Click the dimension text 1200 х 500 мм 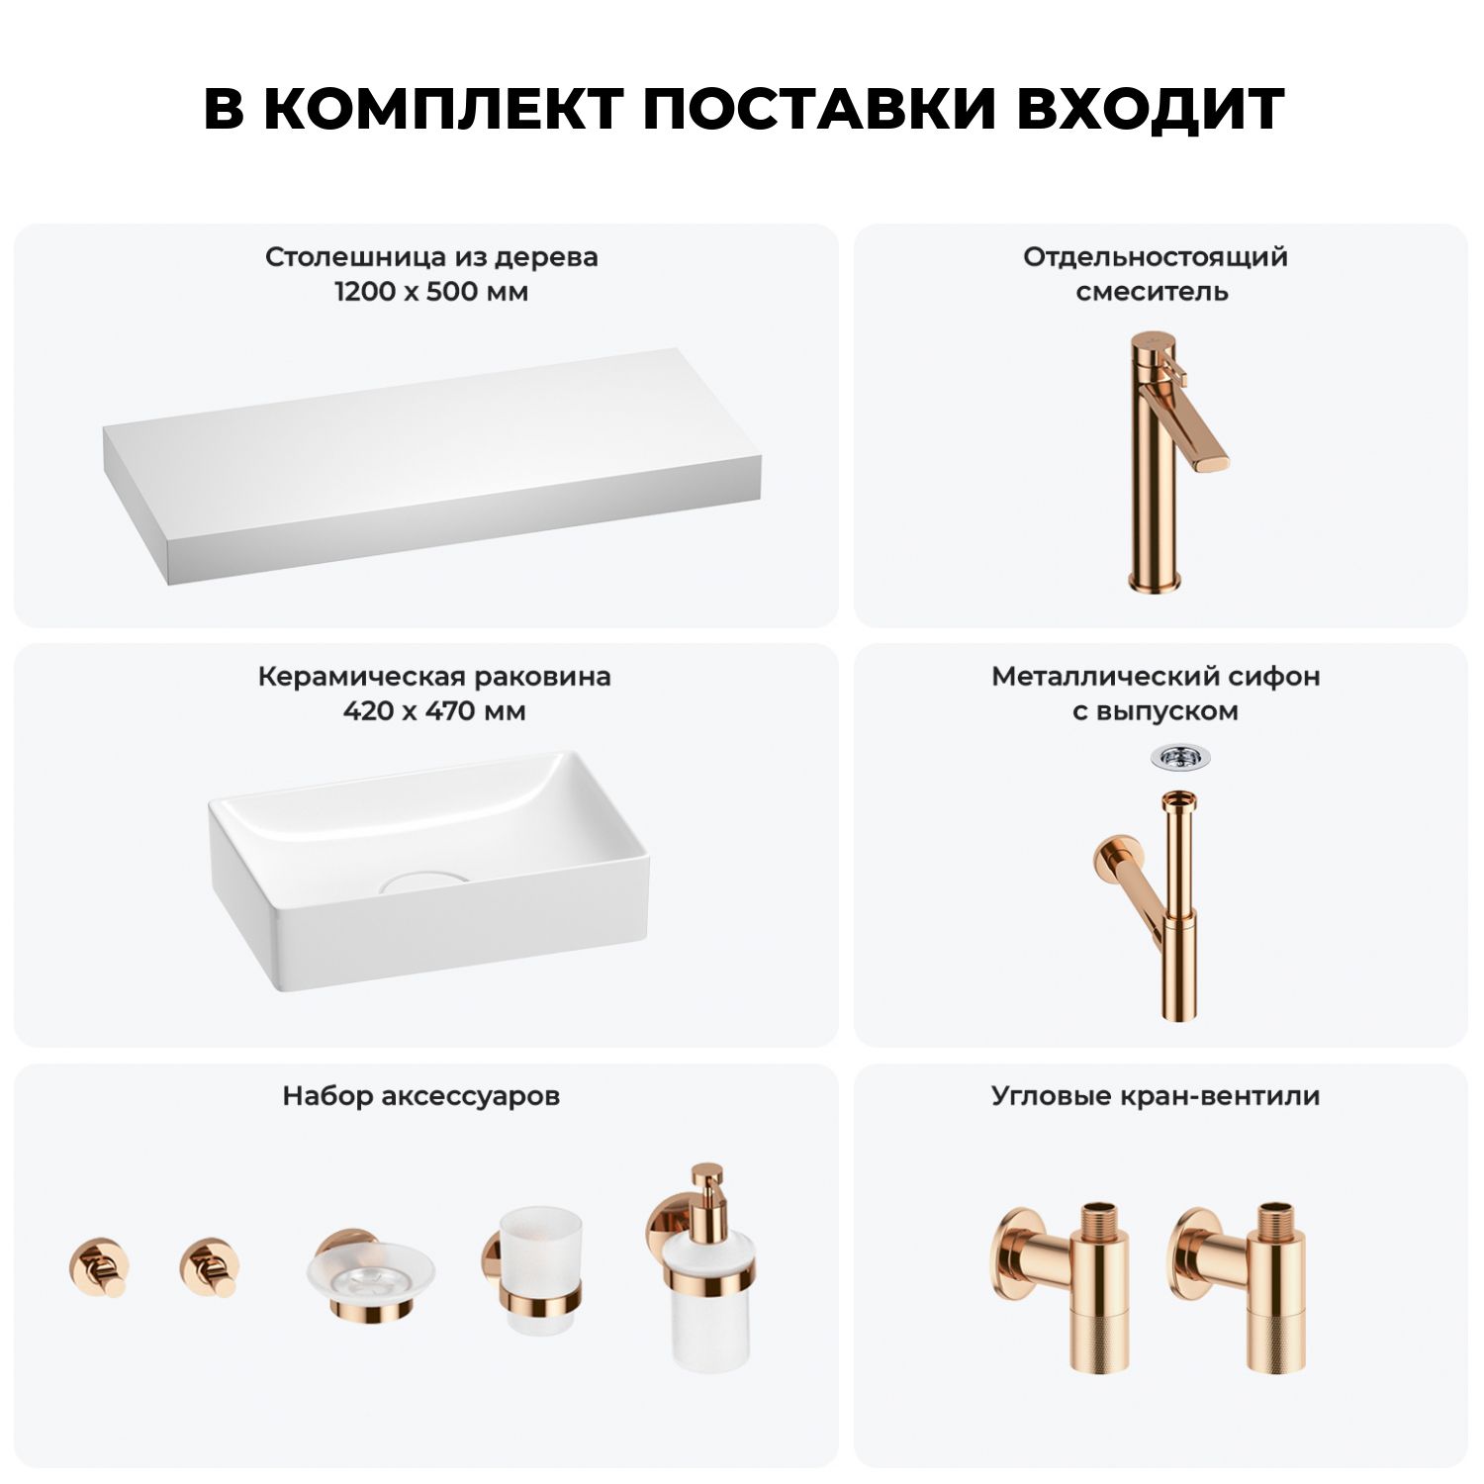click(x=431, y=292)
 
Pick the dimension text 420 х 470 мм click(x=434, y=711)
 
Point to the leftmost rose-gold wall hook click(x=99, y=1267)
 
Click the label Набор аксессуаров click(x=421, y=1096)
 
